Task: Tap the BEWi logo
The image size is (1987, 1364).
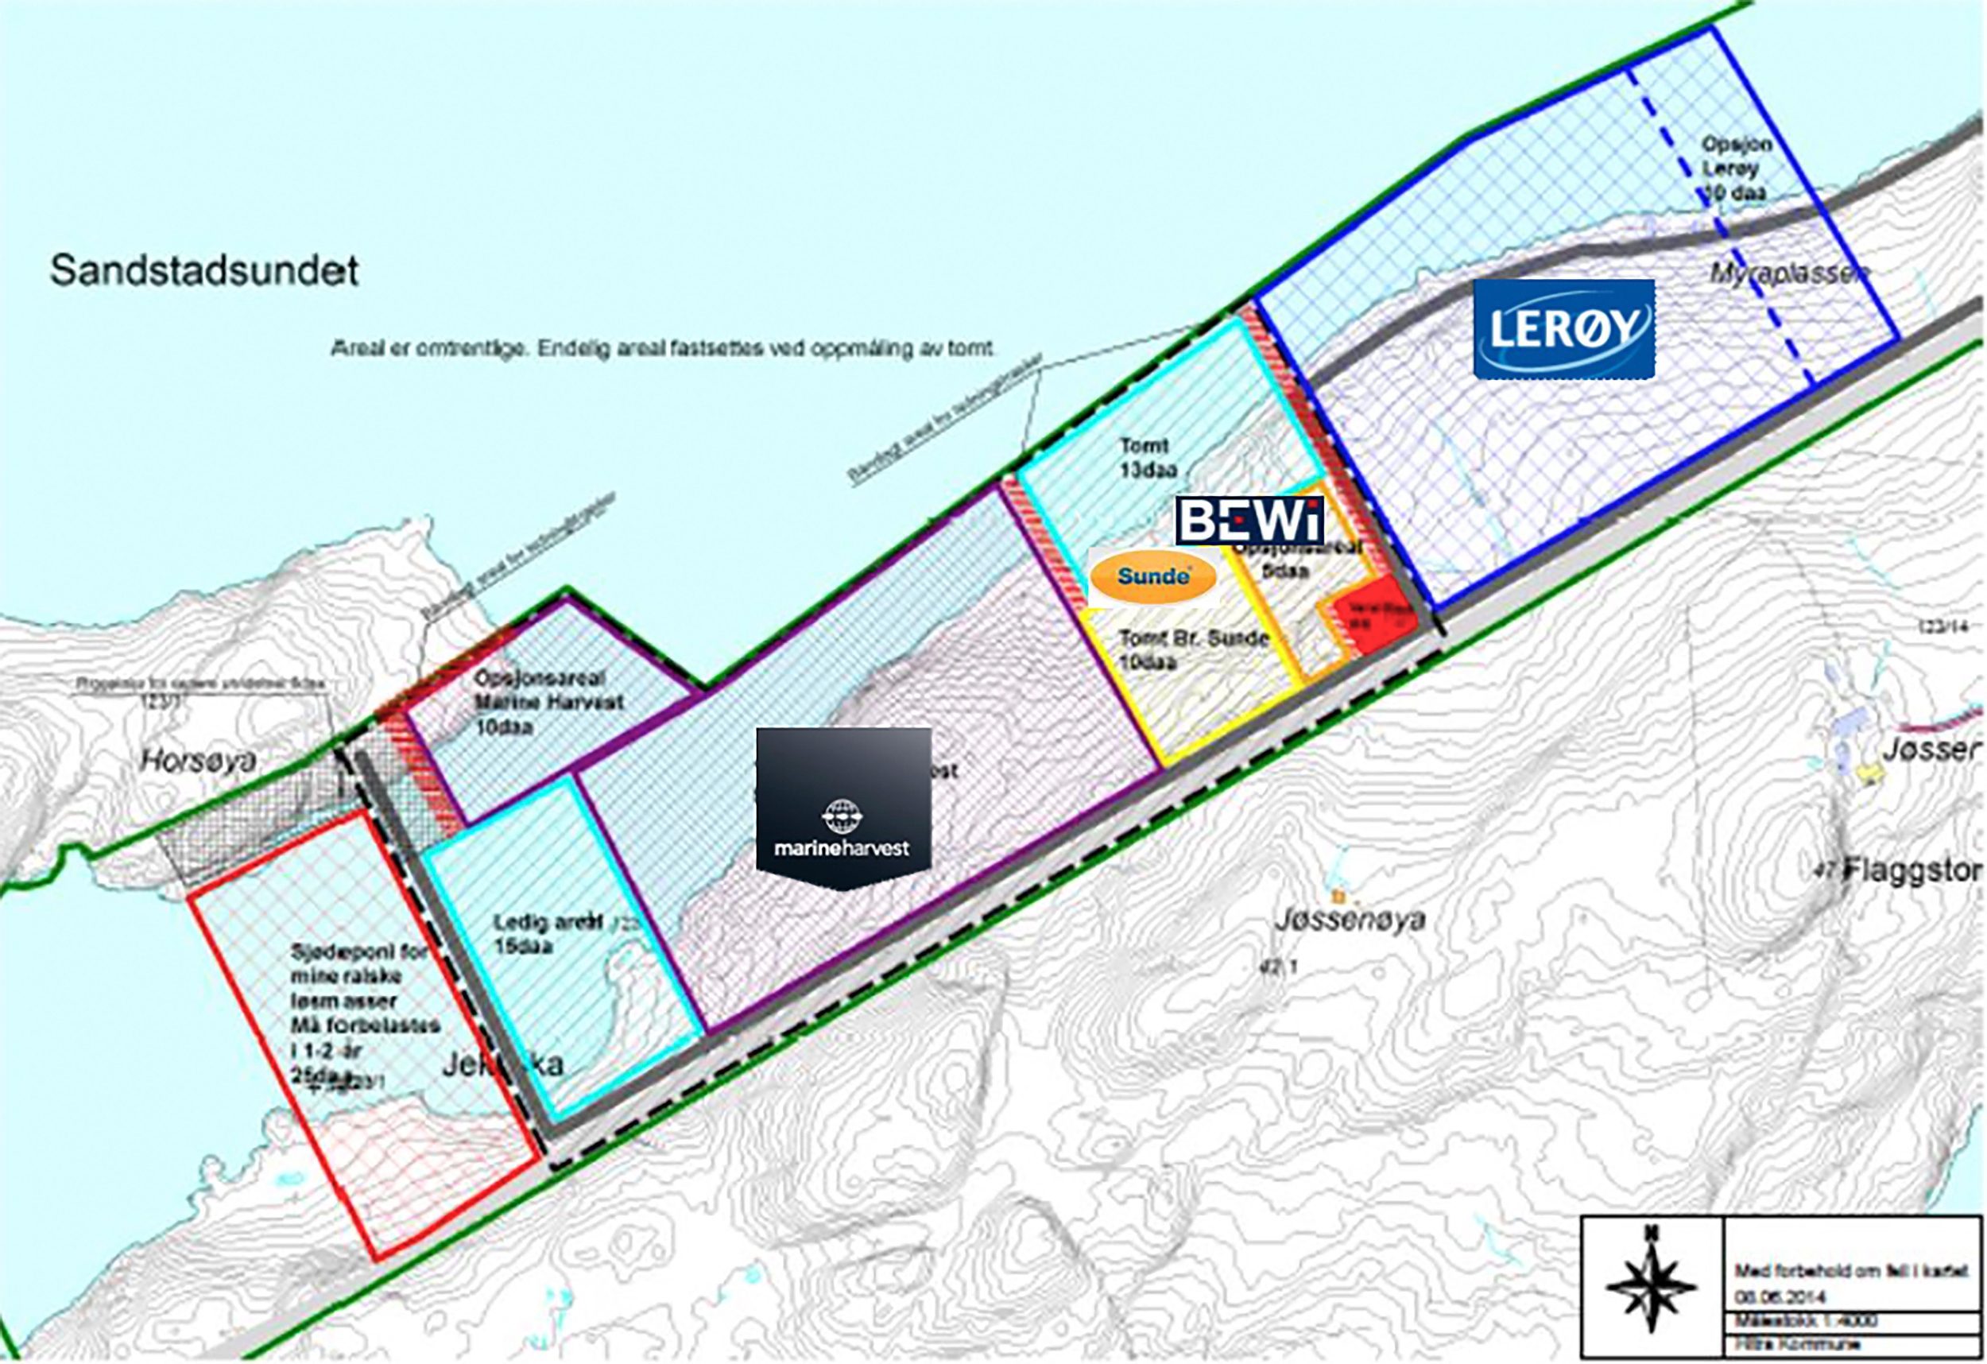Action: [x=1249, y=519]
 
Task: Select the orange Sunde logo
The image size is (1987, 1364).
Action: [x=1152, y=576]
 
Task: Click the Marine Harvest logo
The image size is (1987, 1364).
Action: [x=843, y=808]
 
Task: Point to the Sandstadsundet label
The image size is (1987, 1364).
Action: [x=204, y=270]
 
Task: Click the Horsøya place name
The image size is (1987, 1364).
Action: [x=199, y=760]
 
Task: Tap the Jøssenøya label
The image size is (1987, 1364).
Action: [x=1350, y=920]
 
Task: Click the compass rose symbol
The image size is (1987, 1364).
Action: [x=1651, y=1287]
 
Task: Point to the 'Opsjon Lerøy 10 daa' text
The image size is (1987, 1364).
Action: [x=1735, y=169]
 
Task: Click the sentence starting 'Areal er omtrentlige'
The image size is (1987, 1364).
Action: [x=663, y=350]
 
